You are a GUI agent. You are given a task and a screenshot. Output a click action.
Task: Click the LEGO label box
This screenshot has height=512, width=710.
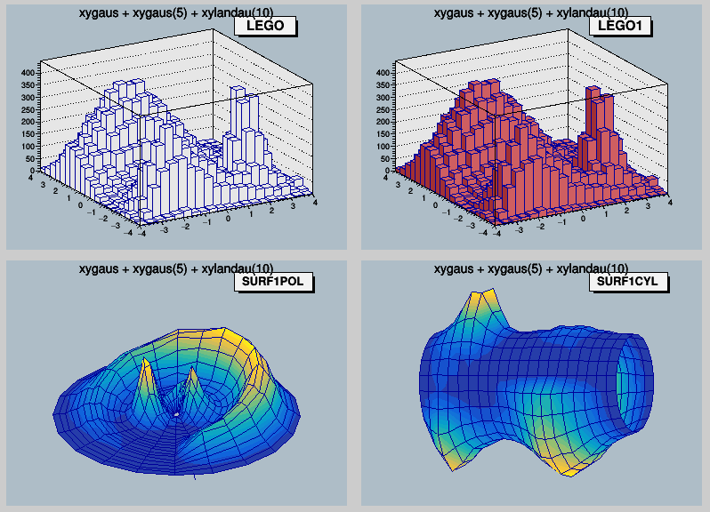click(x=264, y=27)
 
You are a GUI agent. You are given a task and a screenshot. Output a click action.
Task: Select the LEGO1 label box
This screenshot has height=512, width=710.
click(x=620, y=27)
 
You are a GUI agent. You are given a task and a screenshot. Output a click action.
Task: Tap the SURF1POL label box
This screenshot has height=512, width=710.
click(x=273, y=283)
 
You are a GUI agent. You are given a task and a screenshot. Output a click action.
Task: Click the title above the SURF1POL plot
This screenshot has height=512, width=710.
click(x=176, y=268)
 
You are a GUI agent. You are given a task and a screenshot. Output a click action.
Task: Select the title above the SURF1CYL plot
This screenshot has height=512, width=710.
click(x=531, y=268)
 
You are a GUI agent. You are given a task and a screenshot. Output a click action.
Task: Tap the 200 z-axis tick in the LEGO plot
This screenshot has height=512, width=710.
click(x=27, y=122)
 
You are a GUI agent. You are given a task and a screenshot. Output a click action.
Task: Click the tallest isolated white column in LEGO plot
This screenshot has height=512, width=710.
click(x=237, y=116)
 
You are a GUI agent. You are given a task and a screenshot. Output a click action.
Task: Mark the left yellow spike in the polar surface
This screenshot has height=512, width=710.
click(x=147, y=382)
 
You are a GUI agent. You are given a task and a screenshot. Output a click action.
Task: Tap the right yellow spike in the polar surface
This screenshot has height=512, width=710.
click(x=190, y=384)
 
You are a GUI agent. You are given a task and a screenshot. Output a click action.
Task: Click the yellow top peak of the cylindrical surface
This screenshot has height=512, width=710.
click(x=484, y=300)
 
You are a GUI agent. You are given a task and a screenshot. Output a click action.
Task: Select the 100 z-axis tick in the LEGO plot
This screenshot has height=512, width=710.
click(x=27, y=146)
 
